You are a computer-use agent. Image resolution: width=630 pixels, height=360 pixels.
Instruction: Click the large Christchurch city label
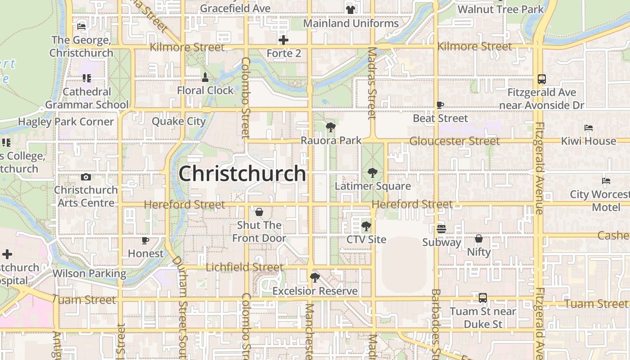tap(242, 174)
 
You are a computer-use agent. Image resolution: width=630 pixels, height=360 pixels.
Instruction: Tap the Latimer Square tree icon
tap(372, 172)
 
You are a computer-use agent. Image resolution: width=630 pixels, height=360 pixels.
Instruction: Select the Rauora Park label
tap(331, 140)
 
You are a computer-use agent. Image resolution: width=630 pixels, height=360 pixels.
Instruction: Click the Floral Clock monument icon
tap(205, 77)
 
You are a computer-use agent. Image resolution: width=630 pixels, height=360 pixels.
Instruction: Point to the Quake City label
tap(179, 121)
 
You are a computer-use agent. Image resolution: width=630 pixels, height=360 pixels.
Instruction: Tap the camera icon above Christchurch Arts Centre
tap(86, 177)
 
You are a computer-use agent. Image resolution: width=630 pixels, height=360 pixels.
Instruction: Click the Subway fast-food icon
tap(441, 229)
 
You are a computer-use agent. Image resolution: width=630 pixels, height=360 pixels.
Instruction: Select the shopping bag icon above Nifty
tap(479, 238)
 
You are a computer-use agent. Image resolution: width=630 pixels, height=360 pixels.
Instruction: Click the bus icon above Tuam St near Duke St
tap(483, 297)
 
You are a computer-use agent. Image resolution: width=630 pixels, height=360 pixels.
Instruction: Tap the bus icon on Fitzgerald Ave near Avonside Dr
tap(542, 79)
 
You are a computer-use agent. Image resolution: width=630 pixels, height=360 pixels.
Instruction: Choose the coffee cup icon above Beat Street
tap(440, 105)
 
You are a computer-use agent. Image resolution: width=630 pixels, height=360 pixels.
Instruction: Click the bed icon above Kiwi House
tap(589, 128)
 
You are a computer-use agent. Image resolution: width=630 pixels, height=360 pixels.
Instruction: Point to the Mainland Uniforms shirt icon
tap(351, 9)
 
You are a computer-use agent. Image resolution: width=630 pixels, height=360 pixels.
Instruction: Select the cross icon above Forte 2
tap(283, 40)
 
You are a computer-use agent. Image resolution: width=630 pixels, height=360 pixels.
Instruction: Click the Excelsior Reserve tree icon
tap(315, 277)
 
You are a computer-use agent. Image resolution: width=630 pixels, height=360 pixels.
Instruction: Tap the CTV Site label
tap(366, 239)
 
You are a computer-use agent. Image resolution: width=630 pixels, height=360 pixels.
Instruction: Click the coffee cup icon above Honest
tap(145, 241)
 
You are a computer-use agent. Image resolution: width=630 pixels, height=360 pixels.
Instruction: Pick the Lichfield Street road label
tap(245, 267)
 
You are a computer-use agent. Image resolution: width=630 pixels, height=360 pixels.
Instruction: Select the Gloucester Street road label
tap(454, 141)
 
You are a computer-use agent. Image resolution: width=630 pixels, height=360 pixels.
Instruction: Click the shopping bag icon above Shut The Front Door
tap(259, 212)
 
